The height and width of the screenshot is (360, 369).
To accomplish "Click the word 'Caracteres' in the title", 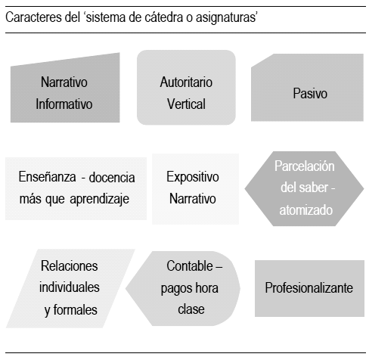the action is pos(34,17).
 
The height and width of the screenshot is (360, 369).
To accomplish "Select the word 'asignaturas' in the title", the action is pos(226,18).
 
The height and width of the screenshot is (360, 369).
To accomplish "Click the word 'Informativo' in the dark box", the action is pos(64,104).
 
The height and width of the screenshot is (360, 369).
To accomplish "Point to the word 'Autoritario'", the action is pos(186,82).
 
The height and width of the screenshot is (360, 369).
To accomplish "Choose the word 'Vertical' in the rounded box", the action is pos(186,104).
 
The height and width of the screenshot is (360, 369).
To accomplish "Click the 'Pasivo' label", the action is pos(310,93).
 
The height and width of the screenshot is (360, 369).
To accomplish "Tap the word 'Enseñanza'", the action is pos(47,176).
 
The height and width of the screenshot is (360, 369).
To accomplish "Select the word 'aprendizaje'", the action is pos(100,199).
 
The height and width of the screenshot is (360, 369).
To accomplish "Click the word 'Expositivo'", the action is pos(193,177).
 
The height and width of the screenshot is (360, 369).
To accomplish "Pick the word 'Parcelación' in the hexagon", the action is pos(305,166).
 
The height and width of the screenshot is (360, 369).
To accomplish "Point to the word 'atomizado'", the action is pos(306,210).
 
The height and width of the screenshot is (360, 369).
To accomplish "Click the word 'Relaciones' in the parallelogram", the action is pos(70,266).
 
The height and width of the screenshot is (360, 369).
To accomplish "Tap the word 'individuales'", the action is pos(70,287).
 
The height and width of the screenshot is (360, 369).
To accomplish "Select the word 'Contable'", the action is pos(190,266).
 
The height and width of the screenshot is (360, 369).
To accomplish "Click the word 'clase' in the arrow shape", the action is pos(191,309).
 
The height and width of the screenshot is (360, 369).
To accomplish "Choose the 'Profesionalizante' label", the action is pos(309,287).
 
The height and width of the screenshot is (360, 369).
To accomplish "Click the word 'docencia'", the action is pos(112,177).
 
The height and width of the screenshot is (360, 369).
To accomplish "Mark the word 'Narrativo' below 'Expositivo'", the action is pos(193,199).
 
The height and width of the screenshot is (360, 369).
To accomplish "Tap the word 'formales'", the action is pos(76,309).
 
